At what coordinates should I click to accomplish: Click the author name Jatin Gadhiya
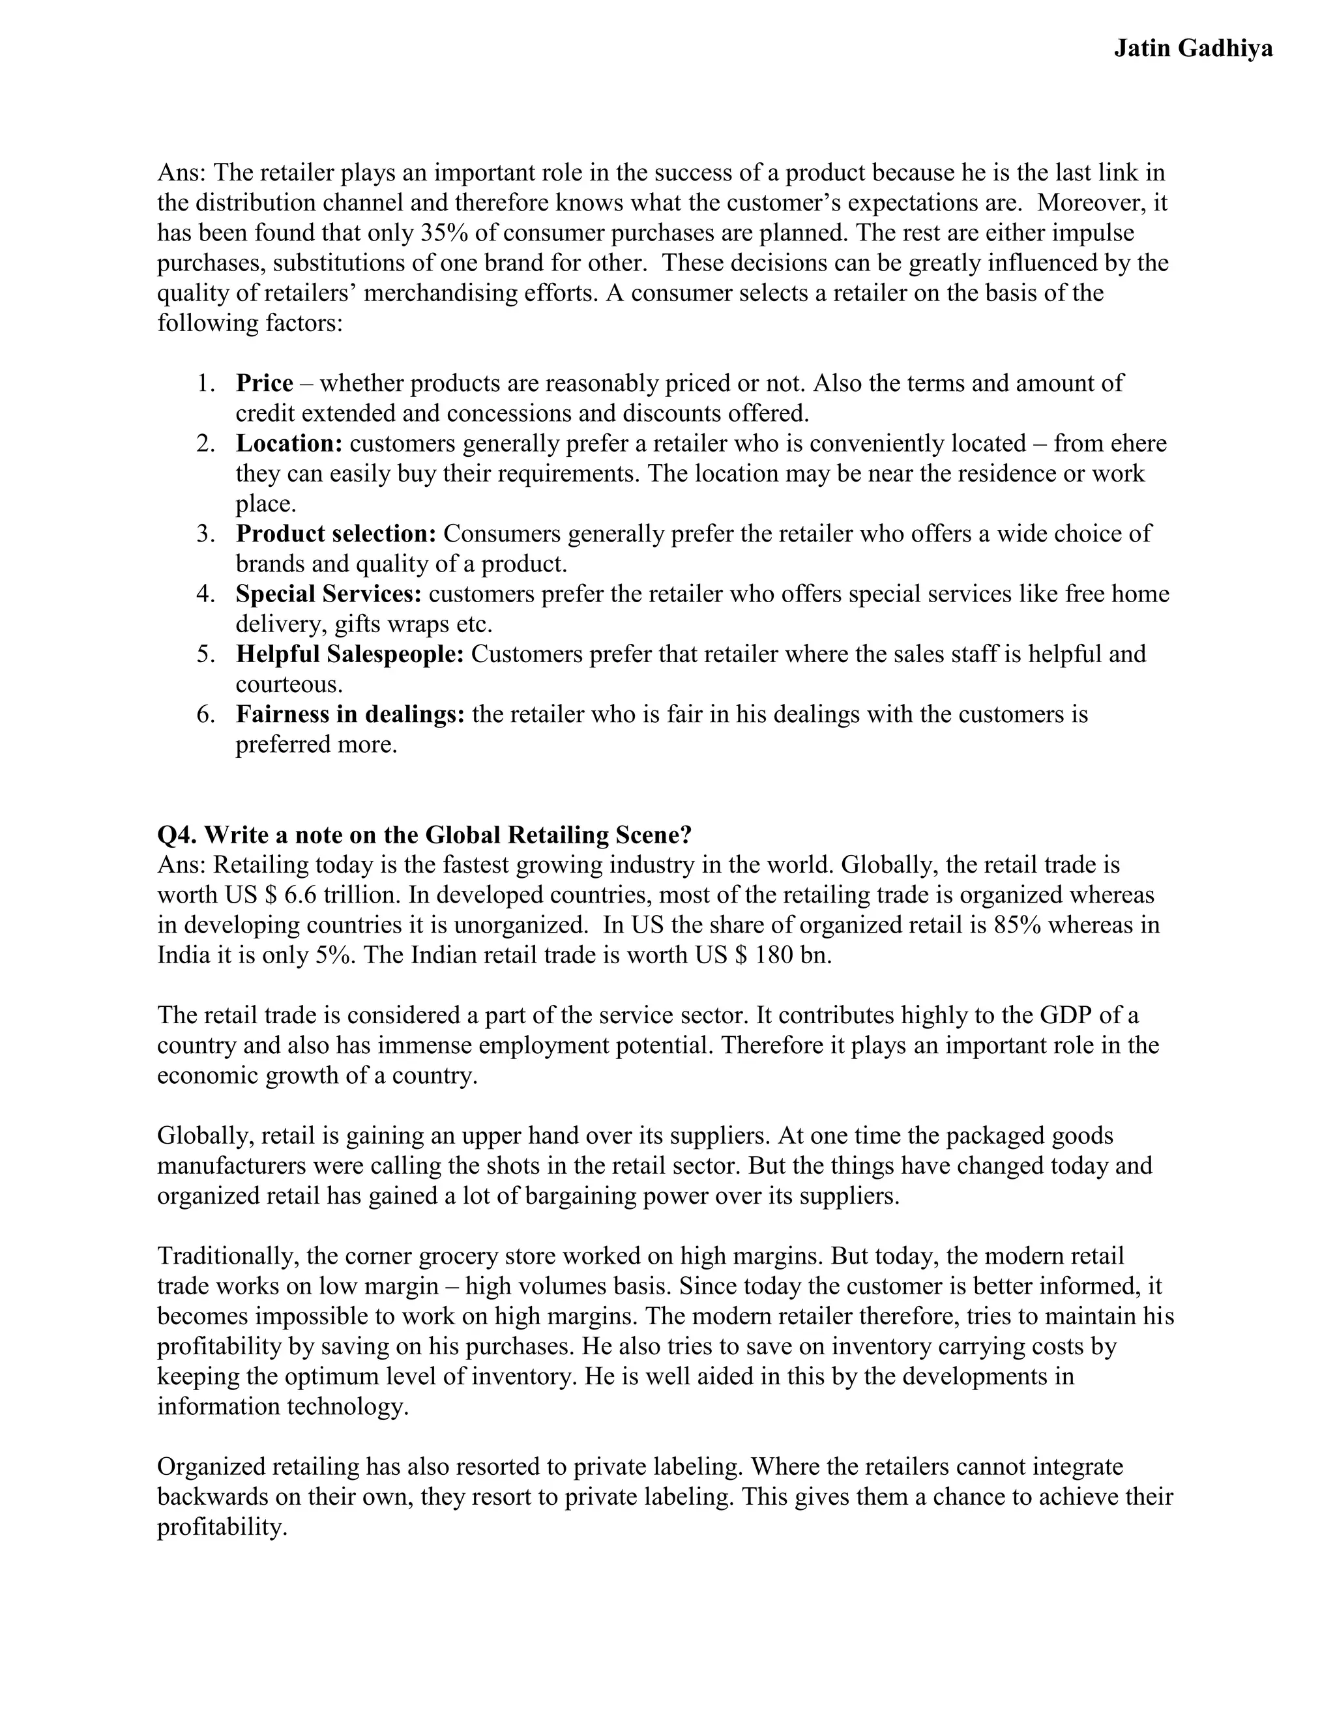1193,49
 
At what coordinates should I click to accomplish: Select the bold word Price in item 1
264,383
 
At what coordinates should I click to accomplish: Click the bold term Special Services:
329,594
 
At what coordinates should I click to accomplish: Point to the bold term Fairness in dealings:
350,714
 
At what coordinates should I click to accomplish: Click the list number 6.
205,714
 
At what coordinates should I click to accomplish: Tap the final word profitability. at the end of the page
222,1527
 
